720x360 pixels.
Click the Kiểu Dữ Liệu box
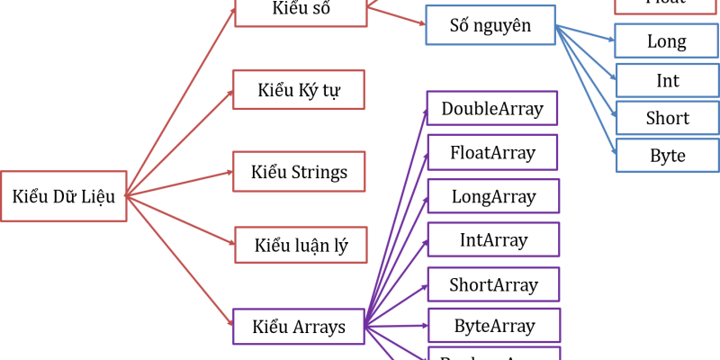tap(63, 195)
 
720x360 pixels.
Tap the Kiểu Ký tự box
tap(299, 89)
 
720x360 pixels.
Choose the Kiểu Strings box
tap(299, 171)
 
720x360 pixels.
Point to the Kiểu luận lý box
tap(300, 246)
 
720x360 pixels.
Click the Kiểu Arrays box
tap(300, 327)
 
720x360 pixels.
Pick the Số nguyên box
tap(490, 26)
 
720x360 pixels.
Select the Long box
tap(667, 40)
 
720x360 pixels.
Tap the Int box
tap(667, 80)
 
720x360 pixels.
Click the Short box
tap(667, 118)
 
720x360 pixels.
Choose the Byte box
tap(667, 156)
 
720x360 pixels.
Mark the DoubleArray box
tap(492, 109)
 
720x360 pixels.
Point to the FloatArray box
tap(492, 152)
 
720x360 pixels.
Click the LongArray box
tap(492, 196)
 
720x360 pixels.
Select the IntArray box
tap(492, 240)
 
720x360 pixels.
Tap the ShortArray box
tap(492, 285)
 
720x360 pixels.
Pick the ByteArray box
tap(492, 326)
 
